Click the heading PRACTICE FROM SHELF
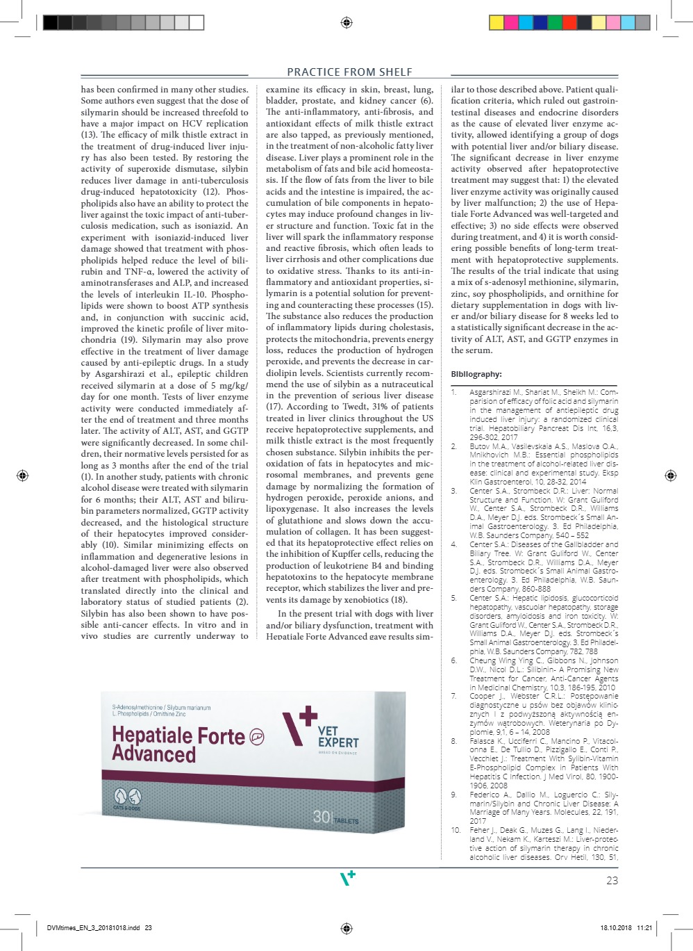pyautogui.click(x=349, y=72)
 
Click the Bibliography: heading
pyautogui.click(x=476, y=374)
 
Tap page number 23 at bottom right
pyautogui.click(x=612, y=880)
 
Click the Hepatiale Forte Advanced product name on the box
pyautogui.click(x=178, y=744)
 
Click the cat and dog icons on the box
pyautogui.click(x=127, y=796)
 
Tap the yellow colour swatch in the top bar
pyautogui.click(x=496, y=23)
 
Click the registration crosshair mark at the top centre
pyautogui.click(x=346, y=23)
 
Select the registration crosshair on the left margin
pyautogui.click(x=22, y=475)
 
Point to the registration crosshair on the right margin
pyautogui.click(x=670, y=475)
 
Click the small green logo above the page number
pyautogui.click(x=347, y=878)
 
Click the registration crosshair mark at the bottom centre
pyautogui.click(x=346, y=928)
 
